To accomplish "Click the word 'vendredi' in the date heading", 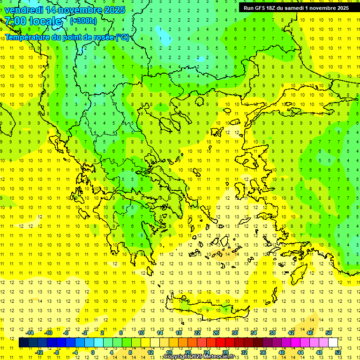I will pyautogui.click(x=24, y=10).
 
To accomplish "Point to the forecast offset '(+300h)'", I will pyautogui.click(x=83, y=21).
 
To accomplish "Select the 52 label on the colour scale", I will pyautogui.click(x=337, y=352).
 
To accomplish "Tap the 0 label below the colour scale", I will pyautogui.click(x=93, y=352).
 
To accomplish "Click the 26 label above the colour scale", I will pyautogui.click(x=216, y=333).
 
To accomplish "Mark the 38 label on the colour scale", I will pyautogui.click(x=272, y=333).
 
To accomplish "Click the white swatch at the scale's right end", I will pyautogui.click(x=333, y=343).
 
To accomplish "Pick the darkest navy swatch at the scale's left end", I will pyautogui.click(x=24, y=343).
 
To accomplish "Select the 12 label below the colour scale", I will pyautogui.click(x=150, y=352).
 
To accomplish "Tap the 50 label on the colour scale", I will pyautogui.click(x=328, y=333).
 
